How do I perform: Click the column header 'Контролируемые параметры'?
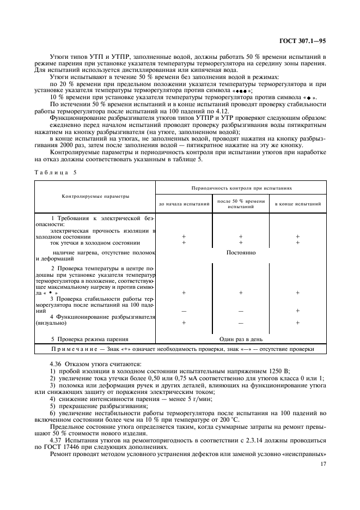95,196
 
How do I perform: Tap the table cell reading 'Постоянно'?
241,253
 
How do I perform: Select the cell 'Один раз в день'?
241,338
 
